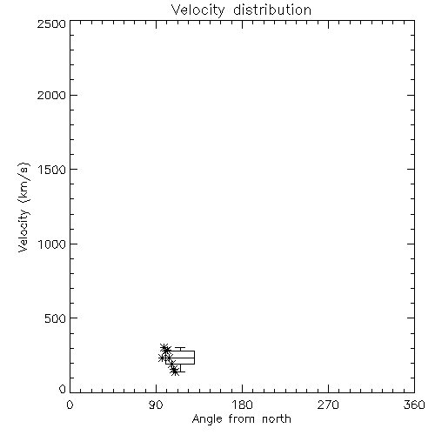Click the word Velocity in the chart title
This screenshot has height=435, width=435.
[197, 10]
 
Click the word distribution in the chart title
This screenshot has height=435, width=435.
[272, 10]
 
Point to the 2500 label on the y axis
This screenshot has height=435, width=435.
[51, 23]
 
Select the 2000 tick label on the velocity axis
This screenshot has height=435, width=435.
[51, 95]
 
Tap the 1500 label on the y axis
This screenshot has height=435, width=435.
[52, 170]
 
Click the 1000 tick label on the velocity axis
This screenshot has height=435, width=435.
[52, 244]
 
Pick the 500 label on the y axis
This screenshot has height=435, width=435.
[56, 318]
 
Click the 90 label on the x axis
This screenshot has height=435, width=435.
[156, 405]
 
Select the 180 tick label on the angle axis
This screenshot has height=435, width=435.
[242, 405]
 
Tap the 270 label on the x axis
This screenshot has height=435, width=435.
[328, 405]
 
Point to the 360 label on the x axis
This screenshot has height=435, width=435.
[414, 405]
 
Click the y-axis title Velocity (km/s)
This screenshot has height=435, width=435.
[23, 207]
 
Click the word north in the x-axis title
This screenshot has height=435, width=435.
[277, 418]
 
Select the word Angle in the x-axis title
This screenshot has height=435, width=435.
[207, 419]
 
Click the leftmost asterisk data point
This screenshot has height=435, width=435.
[162, 358]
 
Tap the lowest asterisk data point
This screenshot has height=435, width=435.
[175, 371]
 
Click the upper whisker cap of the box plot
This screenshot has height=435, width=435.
[180, 347]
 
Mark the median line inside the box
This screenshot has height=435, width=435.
[180, 358]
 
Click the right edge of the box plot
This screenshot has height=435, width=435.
[194, 358]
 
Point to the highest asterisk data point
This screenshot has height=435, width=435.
[164, 348]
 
